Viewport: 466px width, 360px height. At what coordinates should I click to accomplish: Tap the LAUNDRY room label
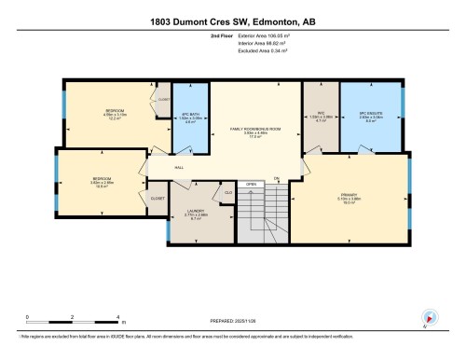[x=195, y=212]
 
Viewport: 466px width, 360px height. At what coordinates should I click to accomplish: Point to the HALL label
[x=179, y=168]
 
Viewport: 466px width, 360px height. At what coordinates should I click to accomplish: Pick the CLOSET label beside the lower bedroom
[x=158, y=199]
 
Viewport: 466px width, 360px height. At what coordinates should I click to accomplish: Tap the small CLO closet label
[x=227, y=193]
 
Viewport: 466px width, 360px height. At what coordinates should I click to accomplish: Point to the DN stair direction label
[x=277, y=178]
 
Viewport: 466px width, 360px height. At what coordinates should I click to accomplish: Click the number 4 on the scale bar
[x=117, y=317]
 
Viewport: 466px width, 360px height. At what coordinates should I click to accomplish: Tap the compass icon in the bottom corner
[x=428, y=317]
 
